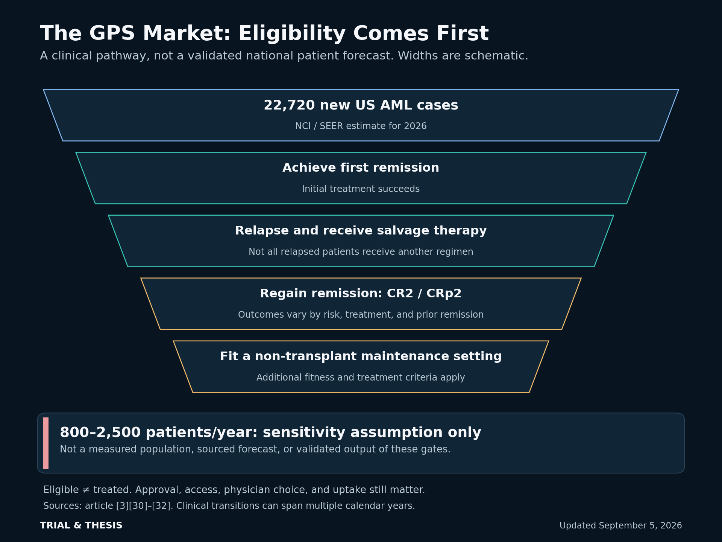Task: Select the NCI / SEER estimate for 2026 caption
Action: [361, 126]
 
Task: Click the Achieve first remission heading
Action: [361, 168]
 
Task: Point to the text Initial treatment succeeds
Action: [361, 189]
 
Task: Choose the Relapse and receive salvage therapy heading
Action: [361, 231]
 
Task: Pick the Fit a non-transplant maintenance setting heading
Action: [361, 356]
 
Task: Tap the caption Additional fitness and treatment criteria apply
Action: [361, 378]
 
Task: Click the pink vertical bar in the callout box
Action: [46, 443]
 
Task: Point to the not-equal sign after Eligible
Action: [86, 490]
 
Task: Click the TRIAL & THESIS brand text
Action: [81, 525]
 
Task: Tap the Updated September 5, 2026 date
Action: [621, 526]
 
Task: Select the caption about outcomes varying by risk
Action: [361, 315]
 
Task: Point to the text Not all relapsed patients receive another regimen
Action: [361, 252]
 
